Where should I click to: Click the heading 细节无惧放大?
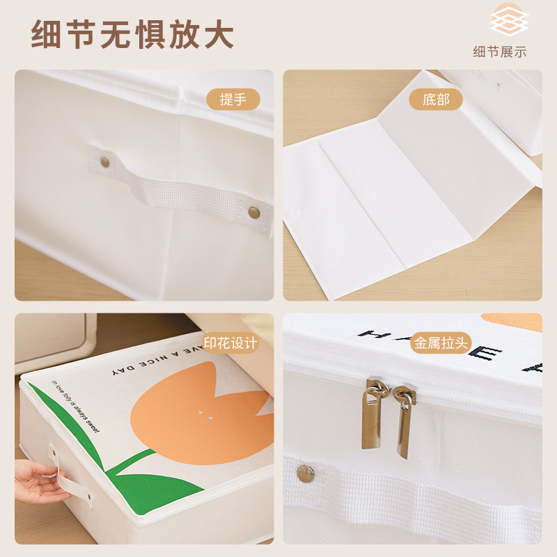pyautogui.click(x=132, y=35)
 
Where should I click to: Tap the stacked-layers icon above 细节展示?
pyautogui.click(x=509, y=22)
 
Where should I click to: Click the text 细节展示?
pyautogui.click(x=500, y=52)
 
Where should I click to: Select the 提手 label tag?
pyautogui.click(x=233, y=100)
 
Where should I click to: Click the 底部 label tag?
pyautogui.click(x=437, y=100)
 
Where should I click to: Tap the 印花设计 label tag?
pyautogui.click(x=230, y=343)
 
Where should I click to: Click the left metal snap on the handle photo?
pyautogui.click(x=105, y=162)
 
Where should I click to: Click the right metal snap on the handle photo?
pyautogui.click(x=254, y=211)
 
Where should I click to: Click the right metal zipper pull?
pyautogui.click(x=403, y=422)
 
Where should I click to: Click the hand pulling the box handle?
pyautogui.click(x=38, y=480)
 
